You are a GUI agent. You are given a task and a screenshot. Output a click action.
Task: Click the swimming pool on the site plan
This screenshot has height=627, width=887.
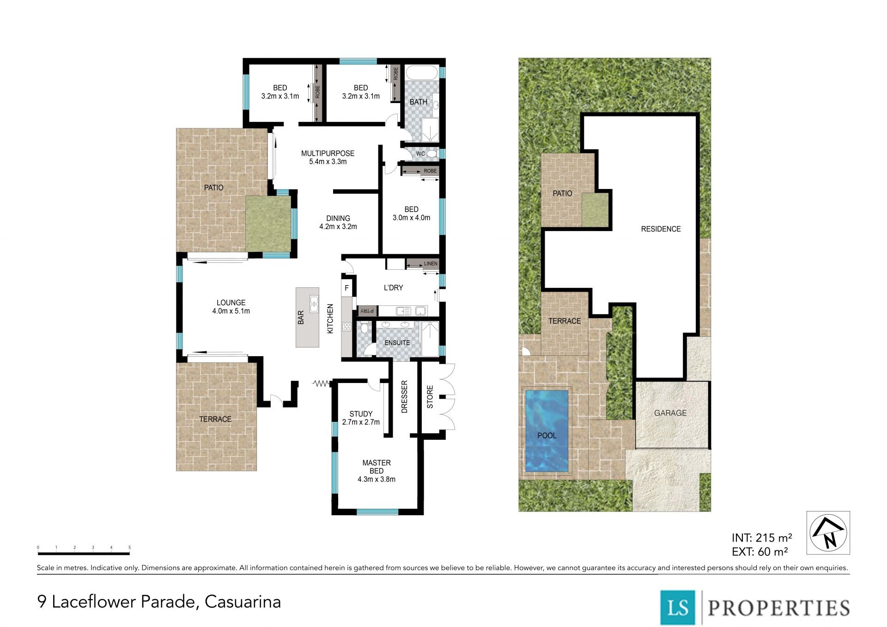coord(547,431)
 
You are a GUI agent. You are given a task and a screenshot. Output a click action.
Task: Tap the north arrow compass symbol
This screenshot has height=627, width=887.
coord(828,532)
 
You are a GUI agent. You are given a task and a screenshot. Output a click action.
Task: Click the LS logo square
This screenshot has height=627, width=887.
coord(677,607)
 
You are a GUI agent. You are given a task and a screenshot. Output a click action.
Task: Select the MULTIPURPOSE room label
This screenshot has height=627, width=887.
coord(328,153)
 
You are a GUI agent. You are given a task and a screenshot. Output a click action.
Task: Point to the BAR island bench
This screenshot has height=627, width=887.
coord(308,317)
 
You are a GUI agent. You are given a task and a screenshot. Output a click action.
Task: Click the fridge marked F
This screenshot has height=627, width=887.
coord(347,288)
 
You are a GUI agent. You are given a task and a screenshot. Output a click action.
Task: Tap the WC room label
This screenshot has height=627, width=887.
coord(420,154)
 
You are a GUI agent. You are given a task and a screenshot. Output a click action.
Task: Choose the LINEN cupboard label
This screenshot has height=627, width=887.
coord(431,263)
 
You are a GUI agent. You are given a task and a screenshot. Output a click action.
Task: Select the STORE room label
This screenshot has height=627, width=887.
coord(430,397)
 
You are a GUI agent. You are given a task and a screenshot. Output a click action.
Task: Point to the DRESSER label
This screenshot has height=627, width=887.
coord(405,396)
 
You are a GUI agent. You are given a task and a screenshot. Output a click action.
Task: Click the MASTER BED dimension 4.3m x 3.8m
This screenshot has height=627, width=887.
coord(377,480)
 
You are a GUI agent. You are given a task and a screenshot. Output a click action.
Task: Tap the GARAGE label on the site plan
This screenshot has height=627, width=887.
coord(670,413)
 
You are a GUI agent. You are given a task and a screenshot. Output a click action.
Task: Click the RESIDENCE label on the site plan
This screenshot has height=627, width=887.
coord(661,229)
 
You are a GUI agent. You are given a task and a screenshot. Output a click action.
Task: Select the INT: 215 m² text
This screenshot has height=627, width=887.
coord(762,538)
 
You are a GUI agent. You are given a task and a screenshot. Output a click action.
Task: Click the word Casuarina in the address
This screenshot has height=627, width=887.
coord(243,602)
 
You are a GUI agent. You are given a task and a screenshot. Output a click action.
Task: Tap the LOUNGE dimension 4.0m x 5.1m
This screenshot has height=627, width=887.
coord(231,311)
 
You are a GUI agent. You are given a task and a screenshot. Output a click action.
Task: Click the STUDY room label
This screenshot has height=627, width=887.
coord(361,414)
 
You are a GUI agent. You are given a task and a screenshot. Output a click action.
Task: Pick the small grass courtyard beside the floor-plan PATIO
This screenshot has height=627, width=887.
coord(268,224)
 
